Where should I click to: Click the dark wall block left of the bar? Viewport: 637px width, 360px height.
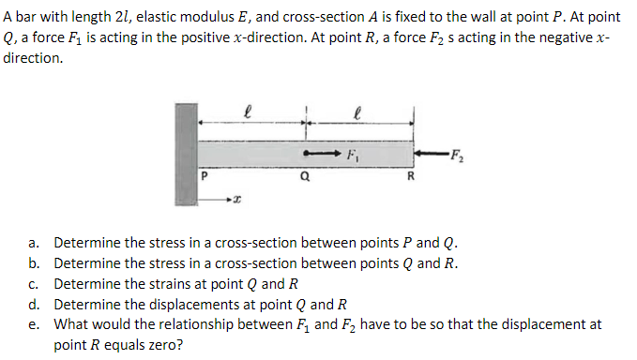coord(185,153)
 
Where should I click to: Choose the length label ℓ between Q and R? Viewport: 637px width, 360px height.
coord(358,111)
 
